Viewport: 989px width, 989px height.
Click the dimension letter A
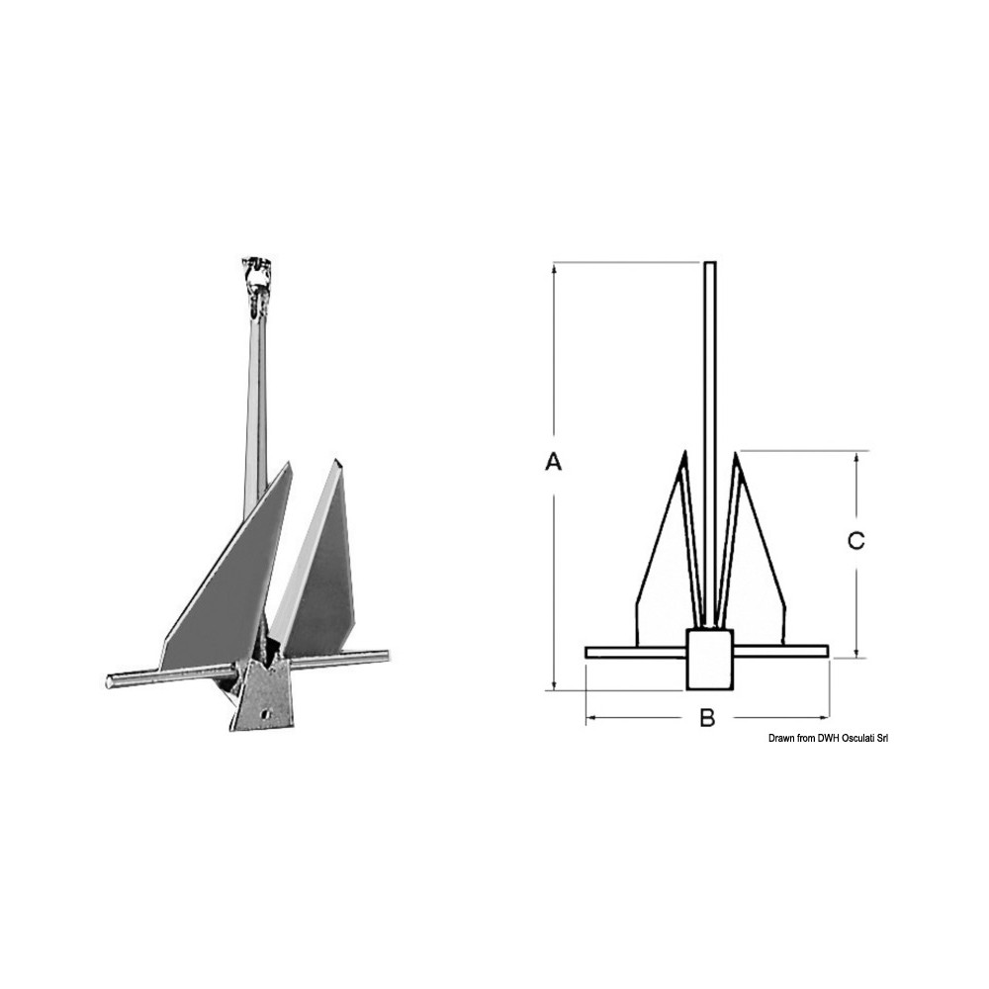553,462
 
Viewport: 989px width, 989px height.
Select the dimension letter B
708,717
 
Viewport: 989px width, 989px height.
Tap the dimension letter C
855,541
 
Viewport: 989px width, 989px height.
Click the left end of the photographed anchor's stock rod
109,681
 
